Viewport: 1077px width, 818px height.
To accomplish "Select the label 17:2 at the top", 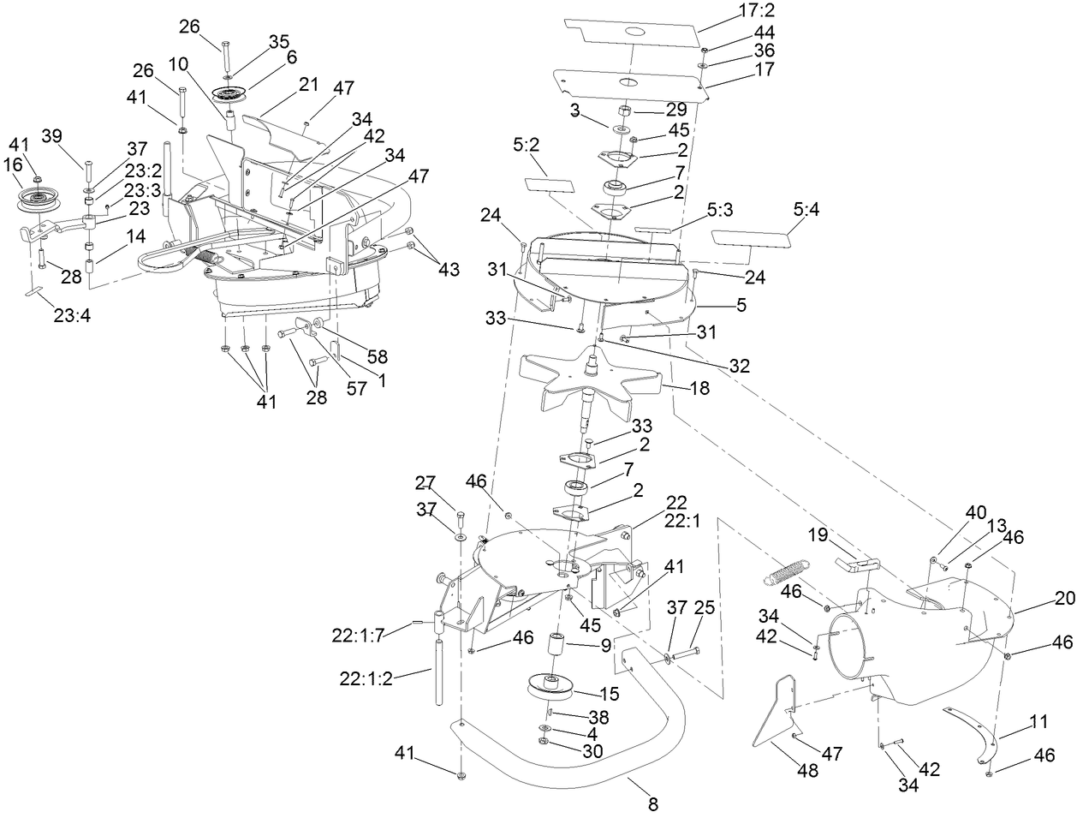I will pos(756,12).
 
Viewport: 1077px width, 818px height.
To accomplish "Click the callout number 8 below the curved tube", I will pos(653,804).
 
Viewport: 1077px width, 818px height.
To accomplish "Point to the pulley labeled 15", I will pos(549,687).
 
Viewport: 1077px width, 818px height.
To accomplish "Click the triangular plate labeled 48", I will pos(775,710).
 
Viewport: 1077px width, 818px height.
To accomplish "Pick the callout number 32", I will pos(738,367).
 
